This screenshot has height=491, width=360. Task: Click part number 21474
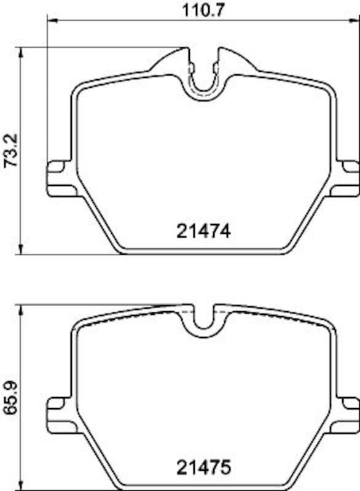(203, 231)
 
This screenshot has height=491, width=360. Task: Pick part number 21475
(203, 468)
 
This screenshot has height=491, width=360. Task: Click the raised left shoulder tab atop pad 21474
(170, 61)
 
